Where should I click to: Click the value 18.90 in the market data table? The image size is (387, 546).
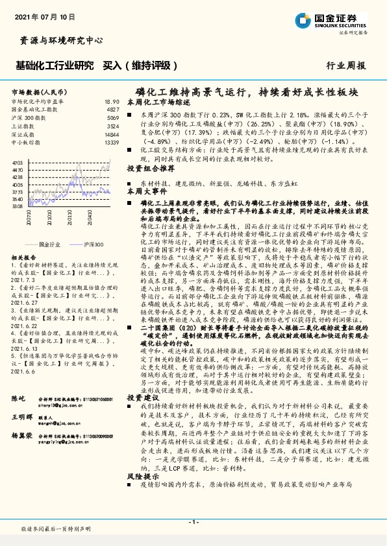pos(112,102)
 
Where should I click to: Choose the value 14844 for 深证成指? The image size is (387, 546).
pos(111,134)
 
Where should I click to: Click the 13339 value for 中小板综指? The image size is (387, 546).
pos(111,142)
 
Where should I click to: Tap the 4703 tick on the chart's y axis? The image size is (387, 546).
pos(18,161)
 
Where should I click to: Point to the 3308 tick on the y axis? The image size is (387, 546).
pos(18,206)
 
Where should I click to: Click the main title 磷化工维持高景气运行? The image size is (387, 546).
pos(195,93)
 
